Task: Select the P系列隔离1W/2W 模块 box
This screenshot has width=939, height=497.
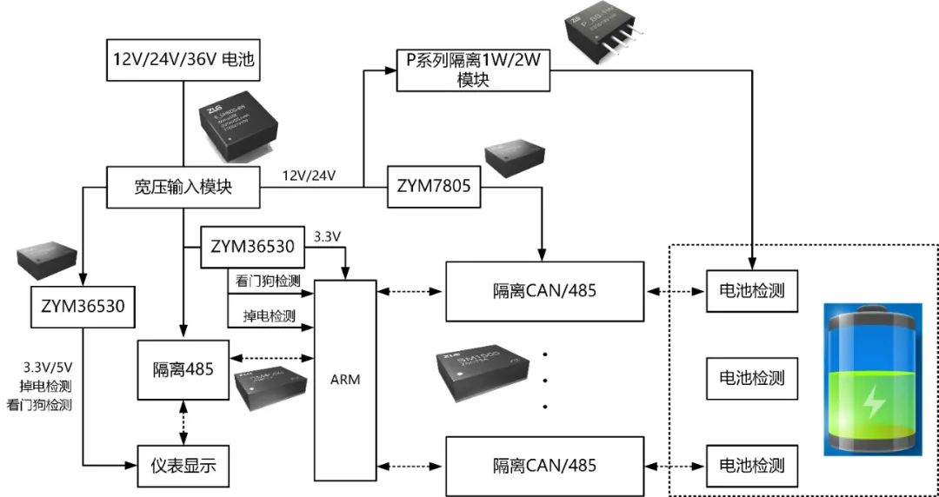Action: pos(473,70)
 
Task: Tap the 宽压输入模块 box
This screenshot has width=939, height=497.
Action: pos(183,187)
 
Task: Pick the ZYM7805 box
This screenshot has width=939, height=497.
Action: pos(433,187)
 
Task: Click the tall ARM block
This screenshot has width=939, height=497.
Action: pos(345,380)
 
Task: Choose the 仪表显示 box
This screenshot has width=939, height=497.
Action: pos(183,467)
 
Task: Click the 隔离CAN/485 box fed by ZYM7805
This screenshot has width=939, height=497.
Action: pos(545,290)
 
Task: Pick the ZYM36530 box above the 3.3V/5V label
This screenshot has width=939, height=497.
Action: pos(82,306)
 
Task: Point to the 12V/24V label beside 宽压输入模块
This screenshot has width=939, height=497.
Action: pos(310,176)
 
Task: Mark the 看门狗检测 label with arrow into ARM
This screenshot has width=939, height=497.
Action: pos(268,281)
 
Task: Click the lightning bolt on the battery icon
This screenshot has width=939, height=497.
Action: pos(871,401)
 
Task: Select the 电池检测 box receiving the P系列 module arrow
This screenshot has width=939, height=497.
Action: pos(752,290)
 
